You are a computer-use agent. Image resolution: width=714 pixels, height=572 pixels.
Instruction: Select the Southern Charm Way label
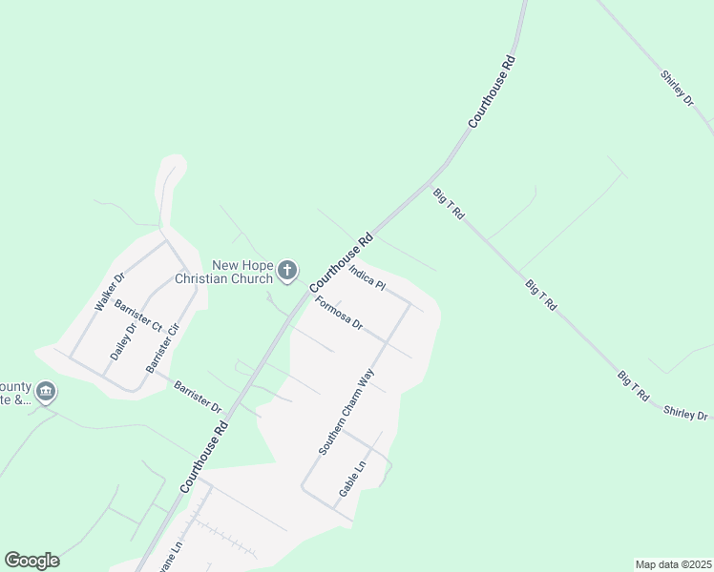(x=346, y=411)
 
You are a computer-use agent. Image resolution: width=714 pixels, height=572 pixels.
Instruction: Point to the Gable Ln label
(x=353, y=480)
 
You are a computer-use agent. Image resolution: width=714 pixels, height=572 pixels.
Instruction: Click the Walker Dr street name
(x=110, y=293)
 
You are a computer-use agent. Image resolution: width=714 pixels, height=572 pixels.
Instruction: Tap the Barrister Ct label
(x=137, y=316)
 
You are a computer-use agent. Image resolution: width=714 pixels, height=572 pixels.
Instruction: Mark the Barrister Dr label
(x=198, y=395)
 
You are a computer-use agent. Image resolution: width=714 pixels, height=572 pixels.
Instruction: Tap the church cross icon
(x=286, y=273)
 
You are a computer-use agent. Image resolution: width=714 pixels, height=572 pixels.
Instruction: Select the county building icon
(x=46, y=392)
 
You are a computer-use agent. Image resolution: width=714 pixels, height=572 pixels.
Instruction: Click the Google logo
(x=31, y=561)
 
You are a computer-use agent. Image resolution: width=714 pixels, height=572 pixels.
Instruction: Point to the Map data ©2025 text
(x=673, y=564)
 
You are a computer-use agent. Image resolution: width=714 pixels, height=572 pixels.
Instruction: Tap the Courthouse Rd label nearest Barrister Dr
(x=203, y=457)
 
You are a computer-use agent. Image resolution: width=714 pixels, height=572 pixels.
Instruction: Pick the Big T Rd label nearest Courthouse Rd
(x=448, y=204)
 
